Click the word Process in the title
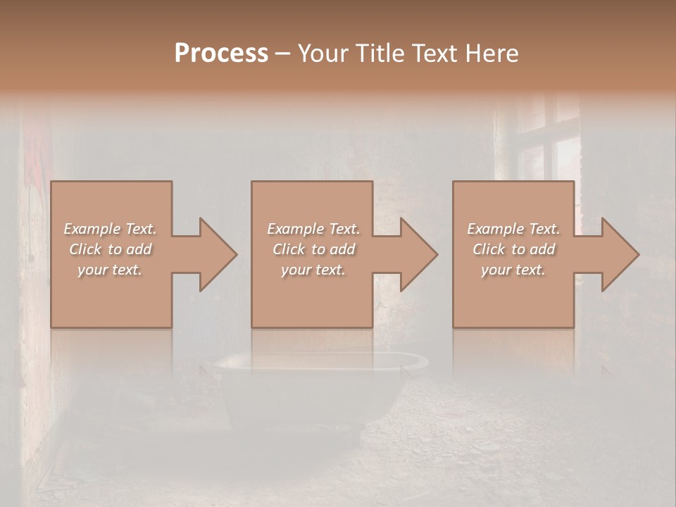pos(221,53)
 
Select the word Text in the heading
pos(431,53)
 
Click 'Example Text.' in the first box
pos(110,229)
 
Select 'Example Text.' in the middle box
pos(313,229)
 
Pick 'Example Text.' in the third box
pos(513,229)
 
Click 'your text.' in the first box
pos(110,270)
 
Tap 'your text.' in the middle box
pos(313,270)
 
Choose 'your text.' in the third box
pos(513,270)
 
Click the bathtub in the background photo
pos(320,387)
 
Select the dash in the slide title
pos(282,54)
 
